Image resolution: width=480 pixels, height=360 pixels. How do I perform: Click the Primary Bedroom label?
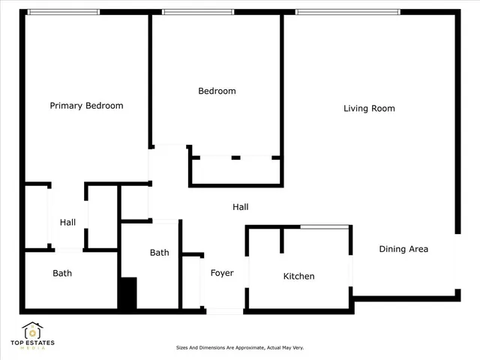point(86,106)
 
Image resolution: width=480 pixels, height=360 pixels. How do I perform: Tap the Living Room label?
point(369,109)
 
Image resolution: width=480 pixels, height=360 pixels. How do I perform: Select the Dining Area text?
point(403,249)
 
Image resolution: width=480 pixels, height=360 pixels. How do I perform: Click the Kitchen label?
point(298,277)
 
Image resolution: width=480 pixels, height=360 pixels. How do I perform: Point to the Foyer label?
point(221,273)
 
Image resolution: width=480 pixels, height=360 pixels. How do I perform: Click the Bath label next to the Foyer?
point(159,253)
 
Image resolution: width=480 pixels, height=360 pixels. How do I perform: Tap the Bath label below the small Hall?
point(62,274)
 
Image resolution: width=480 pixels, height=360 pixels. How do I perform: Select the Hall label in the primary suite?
point(67,223)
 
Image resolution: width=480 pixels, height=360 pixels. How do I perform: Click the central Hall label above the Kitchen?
point(240,207)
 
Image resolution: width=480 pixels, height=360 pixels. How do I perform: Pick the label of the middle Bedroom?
point(217,91)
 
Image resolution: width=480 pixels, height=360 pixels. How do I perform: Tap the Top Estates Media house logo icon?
point(32,330)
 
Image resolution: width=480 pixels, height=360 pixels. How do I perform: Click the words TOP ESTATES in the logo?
point(32,343)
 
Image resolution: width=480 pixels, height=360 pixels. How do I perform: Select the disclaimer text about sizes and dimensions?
point(239,348)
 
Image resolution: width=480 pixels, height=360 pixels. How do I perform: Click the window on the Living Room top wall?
point(347,12)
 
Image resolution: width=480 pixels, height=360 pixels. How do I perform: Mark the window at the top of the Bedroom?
point(197,12)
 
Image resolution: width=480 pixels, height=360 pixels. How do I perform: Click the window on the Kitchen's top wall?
point(324,226)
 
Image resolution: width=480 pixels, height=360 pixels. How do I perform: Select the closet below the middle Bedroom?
point(235,171)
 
